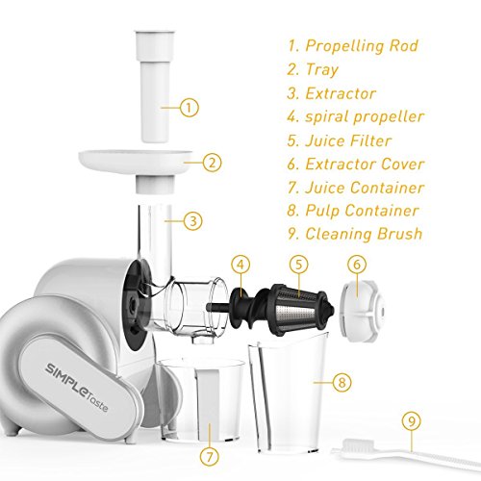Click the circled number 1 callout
tap(190, 107)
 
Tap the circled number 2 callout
tap(212, 163)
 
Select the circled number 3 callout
tap(192, 220)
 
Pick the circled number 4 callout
tap(240, 265)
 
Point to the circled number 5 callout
tap(298, 265)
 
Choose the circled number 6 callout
tap(357, 265)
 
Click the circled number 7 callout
tap(210, 456)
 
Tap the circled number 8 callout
tap(342, 382)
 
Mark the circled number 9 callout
tap(412, 421)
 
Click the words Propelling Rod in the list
tap(362, 46)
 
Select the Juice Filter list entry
tap(340, 140)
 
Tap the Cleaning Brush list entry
tap(355, 234)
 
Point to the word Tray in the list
tap(322, 70)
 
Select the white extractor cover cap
tap(363, 310)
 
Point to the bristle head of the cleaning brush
tap(359, 445)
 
